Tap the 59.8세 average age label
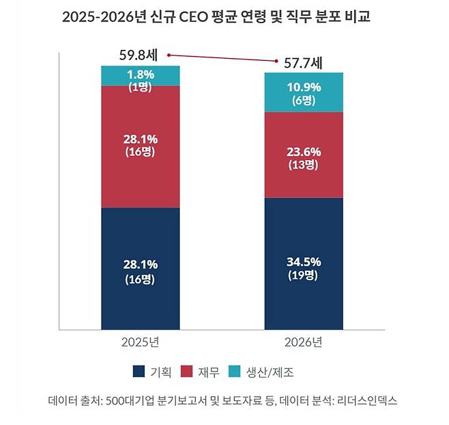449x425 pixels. pos(139,53)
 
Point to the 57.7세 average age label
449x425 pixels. pos(302,64)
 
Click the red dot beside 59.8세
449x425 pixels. pos(169,55)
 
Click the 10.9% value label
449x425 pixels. pos(304,86)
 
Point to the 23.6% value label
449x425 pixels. pos(304,152)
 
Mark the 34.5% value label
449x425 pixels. pos(304,262)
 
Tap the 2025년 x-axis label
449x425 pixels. pos(140,342)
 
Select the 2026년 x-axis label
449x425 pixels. pos(304,342)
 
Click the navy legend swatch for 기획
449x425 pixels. pos(139,372)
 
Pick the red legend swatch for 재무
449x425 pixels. pos(187,372)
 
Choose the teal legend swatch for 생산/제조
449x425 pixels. pos(235,372)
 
